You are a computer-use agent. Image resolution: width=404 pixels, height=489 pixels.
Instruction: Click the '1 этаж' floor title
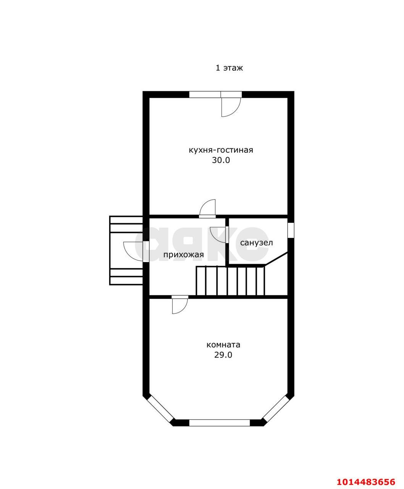(229, 68)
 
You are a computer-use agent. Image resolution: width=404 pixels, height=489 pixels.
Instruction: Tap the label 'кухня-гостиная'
(221, 150)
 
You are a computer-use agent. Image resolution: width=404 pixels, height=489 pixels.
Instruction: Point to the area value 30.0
(221, 160)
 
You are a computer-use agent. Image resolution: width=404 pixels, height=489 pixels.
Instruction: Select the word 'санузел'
(257, 243)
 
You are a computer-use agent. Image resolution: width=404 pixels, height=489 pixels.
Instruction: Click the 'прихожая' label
(184, 254)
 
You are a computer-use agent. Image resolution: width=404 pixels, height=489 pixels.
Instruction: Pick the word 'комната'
(223, 345)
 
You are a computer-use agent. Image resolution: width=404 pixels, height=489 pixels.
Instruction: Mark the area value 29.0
(223, 355)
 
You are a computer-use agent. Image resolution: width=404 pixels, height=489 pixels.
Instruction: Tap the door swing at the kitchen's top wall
(231, 107)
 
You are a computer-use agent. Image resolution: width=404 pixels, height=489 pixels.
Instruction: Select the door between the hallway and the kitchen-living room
(207, 208)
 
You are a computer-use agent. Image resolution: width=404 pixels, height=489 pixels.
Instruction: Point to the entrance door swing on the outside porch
(133, 251)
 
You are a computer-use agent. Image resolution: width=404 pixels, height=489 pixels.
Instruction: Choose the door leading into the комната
(180, 305)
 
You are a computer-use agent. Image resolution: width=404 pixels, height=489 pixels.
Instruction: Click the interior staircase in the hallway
(230, 281)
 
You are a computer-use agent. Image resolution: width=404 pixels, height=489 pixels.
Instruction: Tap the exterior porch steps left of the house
(126, 250)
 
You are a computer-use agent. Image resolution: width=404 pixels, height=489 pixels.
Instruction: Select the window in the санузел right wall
(291, 230)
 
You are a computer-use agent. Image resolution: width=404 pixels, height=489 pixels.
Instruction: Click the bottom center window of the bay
(220, 423)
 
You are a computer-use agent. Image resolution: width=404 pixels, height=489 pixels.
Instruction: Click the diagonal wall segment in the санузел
(276, 259)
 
